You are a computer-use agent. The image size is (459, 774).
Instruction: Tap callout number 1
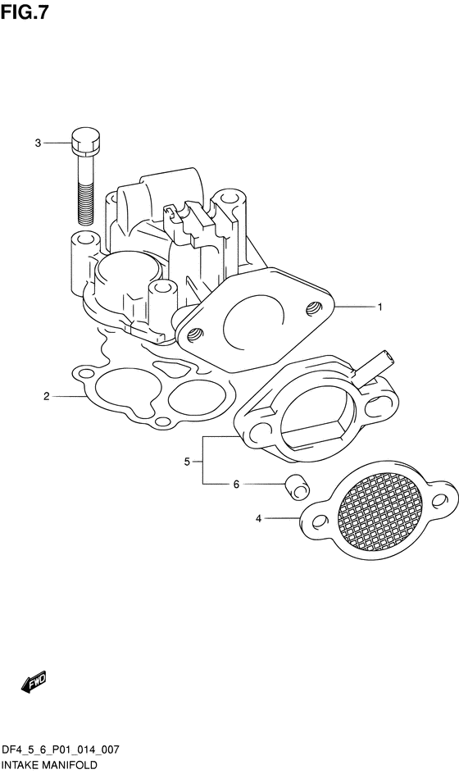pyautogui.click(x=379, y=307)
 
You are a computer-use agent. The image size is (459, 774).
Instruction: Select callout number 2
pyautogui.click(x=47, y=396)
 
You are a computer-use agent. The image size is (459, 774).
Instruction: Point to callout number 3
pyautogui.click(x=38, y=143)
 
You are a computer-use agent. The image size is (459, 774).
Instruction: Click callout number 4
pyautogui.click(x=258, y=518)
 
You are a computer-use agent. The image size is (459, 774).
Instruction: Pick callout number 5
pyautogui.click(x=187, y=462)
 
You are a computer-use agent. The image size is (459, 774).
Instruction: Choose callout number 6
pyautogui.click(x=236, y=485)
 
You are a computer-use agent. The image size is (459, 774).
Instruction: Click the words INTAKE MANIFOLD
pyautogui.click(x=49, y=765)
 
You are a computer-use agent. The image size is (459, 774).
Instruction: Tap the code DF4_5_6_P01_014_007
pyautogui.click(x=60, y=750)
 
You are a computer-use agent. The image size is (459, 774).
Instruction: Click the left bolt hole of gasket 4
pyautogui.click(x=320, y=521)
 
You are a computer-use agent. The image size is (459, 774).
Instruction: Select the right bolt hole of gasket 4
pyautogui.click(x=439, y=501)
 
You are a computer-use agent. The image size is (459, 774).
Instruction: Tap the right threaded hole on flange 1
pyautogui.click(x=312, y=309)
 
